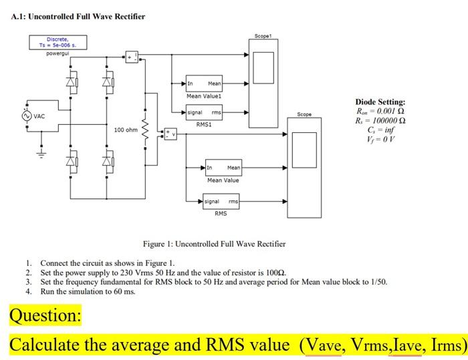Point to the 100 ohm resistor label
click(126, 130)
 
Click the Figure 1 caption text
click(214, 244)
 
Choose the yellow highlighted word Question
click(45, 315)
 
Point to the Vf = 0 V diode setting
click(380, 142)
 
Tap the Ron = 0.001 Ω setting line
click(380, 112)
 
